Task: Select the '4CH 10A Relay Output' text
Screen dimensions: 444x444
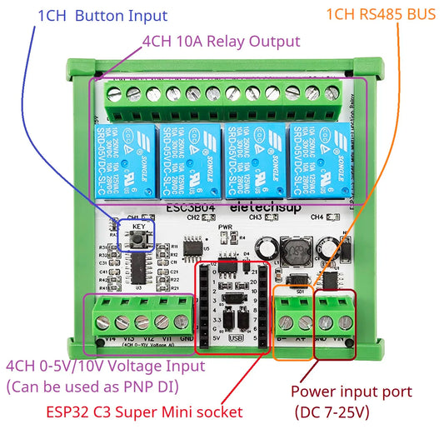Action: coord(220,42)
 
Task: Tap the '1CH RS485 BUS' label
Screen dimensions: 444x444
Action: coord(380,16)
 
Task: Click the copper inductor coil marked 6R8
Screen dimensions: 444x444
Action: coord(294,249)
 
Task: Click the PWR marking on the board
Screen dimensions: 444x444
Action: coord(224,227)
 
